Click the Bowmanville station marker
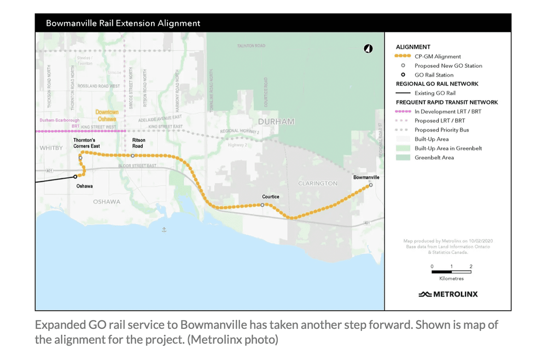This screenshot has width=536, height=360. [x=371, y=185]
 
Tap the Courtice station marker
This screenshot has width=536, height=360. [x=263, y=205]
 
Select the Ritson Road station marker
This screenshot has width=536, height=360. [x=132, y=156]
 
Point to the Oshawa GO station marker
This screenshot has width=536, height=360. [x=75, y=177]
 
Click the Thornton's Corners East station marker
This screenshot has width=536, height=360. [x=80, y=158]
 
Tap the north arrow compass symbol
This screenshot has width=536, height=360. [x=368, y=49]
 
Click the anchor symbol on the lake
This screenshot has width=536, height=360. [x=164, y=230]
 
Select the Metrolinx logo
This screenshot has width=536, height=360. [x=448, y=294]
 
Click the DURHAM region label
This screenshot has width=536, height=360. [x=276, y=121]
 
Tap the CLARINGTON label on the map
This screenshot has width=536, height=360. [x=317, y=183]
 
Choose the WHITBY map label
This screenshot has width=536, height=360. [x=51, y=148]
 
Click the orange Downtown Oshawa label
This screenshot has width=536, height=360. [x=107, y=115]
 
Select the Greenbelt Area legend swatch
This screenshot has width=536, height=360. [x=403, y=158]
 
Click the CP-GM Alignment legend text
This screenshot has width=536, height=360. [x=438, y=56]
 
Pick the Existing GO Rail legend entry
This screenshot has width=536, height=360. [x=435, y=93]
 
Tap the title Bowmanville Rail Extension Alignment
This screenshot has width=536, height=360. [x=123, y=23]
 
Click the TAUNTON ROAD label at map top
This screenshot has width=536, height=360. [x=251, y=46]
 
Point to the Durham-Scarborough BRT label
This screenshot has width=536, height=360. [x=60, y=123]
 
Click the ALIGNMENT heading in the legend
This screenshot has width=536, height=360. [x=413, y=47]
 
